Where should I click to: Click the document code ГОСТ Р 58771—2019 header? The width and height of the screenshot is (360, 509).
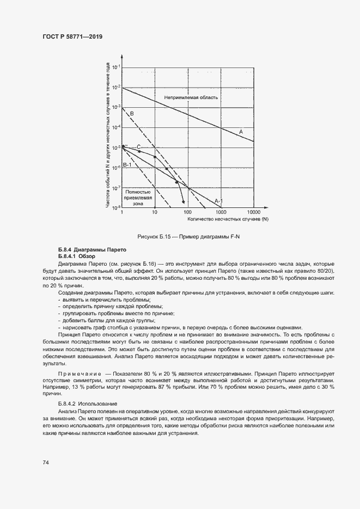72,37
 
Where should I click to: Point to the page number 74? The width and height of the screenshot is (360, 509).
46,462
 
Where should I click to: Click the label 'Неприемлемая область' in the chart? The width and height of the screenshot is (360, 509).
191,97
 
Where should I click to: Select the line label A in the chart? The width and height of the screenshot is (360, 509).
241,131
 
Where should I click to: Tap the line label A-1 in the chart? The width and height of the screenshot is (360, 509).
218,201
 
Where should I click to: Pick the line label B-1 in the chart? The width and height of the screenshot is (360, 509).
127,164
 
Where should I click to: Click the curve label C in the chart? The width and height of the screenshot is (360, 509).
138,146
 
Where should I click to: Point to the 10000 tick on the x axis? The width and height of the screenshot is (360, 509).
254,212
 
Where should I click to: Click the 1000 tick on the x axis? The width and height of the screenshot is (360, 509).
221,212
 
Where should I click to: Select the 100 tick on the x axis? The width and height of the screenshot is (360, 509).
188,212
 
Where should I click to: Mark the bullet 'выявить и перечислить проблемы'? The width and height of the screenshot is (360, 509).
103,300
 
